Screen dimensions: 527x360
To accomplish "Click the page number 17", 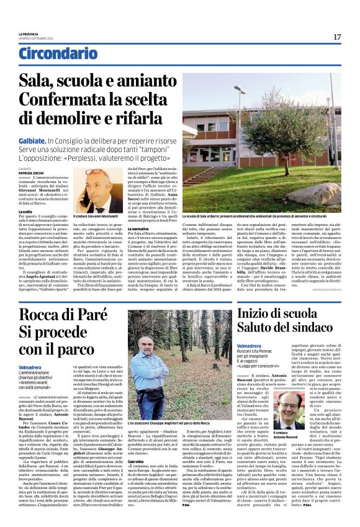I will [x=336, y=37].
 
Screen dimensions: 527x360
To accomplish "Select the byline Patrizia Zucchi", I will [x=31, y=173].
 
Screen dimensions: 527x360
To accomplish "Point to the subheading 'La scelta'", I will [x=25, y=211].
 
